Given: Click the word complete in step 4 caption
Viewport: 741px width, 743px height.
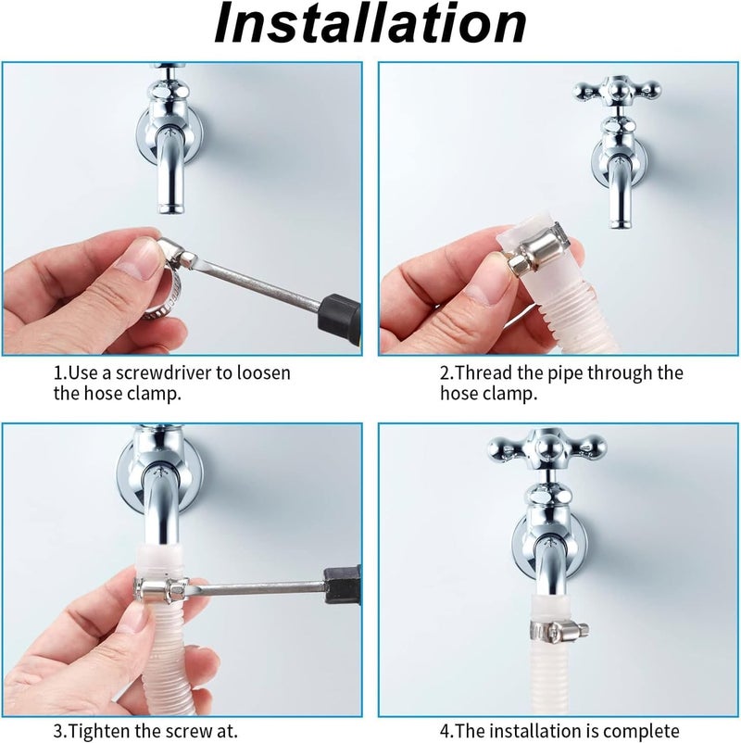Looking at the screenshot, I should [x=636, y=729].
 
